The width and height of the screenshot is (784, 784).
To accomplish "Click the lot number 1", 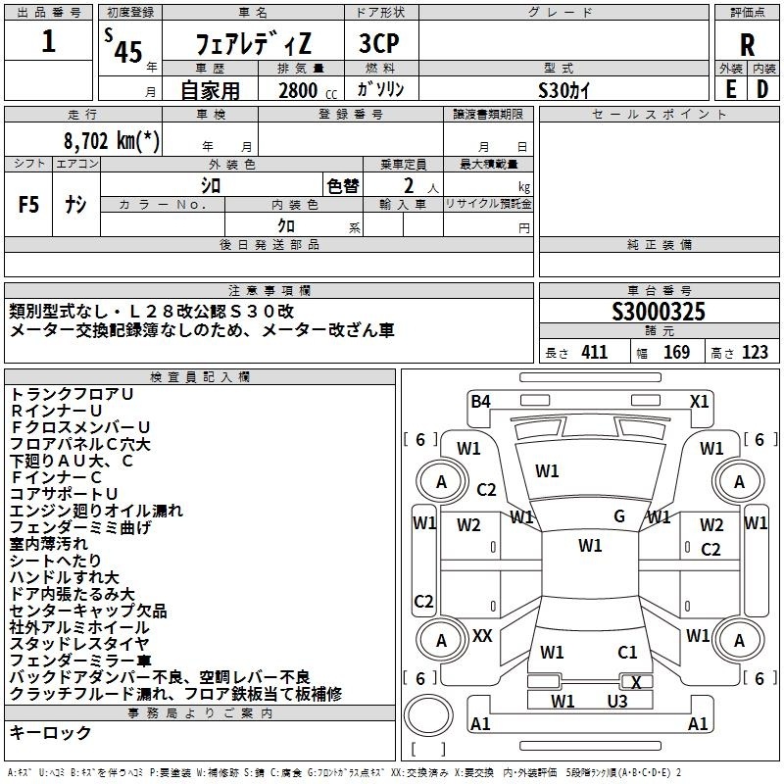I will (x=49, y=42).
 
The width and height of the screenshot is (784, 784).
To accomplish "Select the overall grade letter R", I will (x=747, y=45).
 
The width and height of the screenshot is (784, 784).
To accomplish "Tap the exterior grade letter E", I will (x=730, y=88).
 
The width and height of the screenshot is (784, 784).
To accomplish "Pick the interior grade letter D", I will (x=762, y=88).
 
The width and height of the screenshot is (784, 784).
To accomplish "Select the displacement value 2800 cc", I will (x=304, y=90).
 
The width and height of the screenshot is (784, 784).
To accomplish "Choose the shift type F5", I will (x=30, y=205).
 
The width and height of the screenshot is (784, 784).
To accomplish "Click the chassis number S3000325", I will (x=659, y=313).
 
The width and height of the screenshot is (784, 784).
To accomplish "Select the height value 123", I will (x=754, y=353).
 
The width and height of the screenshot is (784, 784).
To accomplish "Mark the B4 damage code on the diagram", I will (x=480, y=400).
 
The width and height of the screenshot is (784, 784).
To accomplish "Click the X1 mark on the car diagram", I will (x=699, y=400).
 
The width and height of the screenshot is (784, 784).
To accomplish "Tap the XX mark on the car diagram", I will (x=482, y=636).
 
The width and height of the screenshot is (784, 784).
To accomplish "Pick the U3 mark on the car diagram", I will (x=616, y=701).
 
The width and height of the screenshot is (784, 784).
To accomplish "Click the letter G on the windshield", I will (x=619, y=516).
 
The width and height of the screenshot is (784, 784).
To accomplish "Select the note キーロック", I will (x=50, y=733).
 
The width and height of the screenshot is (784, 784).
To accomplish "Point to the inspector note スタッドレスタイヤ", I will (x=79, y=644).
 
